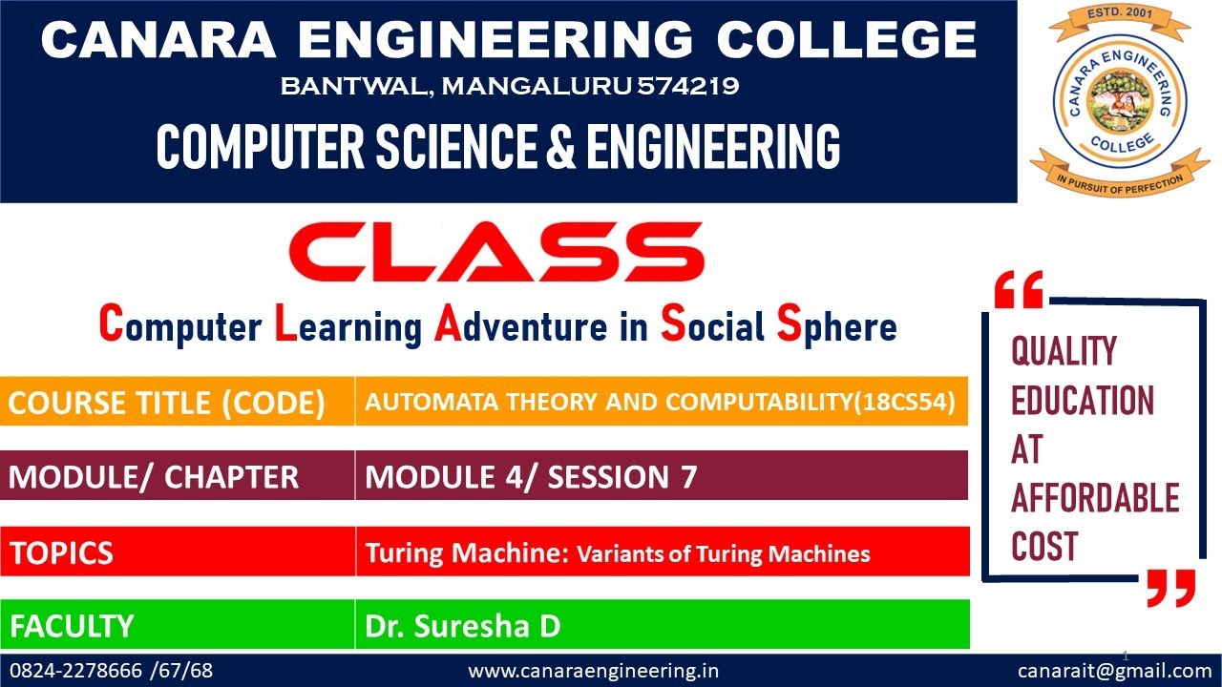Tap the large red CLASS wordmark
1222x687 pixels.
[x=496, y=254]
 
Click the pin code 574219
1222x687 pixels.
[x=688, y=87]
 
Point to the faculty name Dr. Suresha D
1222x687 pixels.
[x=462, y=627]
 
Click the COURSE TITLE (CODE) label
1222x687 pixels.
[x=167, y=404]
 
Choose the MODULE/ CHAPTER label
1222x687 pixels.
[x=154, y=477]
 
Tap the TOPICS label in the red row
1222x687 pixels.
[x=62, y=552]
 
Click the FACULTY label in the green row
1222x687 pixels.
[x=72, y=627]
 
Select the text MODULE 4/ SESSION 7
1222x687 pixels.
[x=531, y=477]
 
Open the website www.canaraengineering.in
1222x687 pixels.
[x=593, y=671]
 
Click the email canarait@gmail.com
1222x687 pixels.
[x=1114, y=671]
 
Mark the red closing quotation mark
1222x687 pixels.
[x=1170, y=588]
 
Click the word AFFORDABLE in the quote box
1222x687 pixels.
[x=1095, y=498]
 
